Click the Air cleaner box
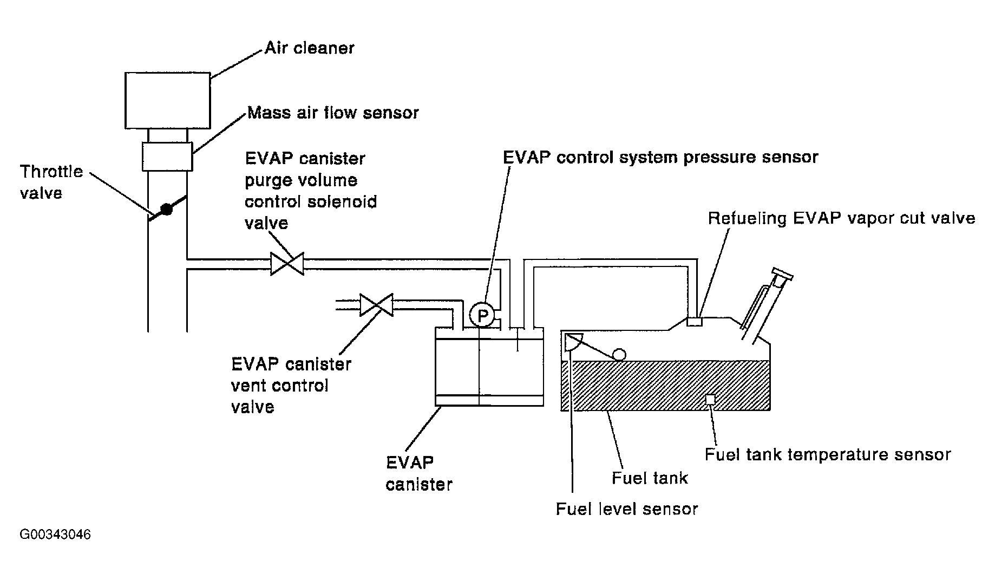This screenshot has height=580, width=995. (x=168, y=101)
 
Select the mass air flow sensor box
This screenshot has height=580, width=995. (x=168, y=157)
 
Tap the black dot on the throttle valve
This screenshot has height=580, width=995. (x=167, y=209)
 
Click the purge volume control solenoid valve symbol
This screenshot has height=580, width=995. (x=287, y=264)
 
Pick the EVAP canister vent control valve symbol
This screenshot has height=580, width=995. (x=377, y=305)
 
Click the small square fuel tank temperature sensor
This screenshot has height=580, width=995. (x=710, y=399)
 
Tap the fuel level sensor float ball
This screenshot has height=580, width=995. (x=619, y=355)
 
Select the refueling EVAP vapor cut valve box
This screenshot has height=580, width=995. (x=695, y=321)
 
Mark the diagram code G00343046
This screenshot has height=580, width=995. (x=55, y=535)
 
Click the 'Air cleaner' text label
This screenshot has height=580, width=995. (x=309, y=48)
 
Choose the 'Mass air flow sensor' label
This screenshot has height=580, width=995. (x=333, y=112)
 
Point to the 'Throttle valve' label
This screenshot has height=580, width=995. (x=51, y=183)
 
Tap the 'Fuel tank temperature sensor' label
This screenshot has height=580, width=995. (x=828, y=454)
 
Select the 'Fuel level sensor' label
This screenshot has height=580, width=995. (x=627, y=509)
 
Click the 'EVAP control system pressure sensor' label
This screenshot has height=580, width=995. (x=660, y=157)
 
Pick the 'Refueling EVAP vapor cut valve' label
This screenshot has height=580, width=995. (x=842, y=218)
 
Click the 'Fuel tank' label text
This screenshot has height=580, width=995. (x=650, y=478)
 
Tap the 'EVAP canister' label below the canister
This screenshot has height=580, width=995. (x=419, y=473)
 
